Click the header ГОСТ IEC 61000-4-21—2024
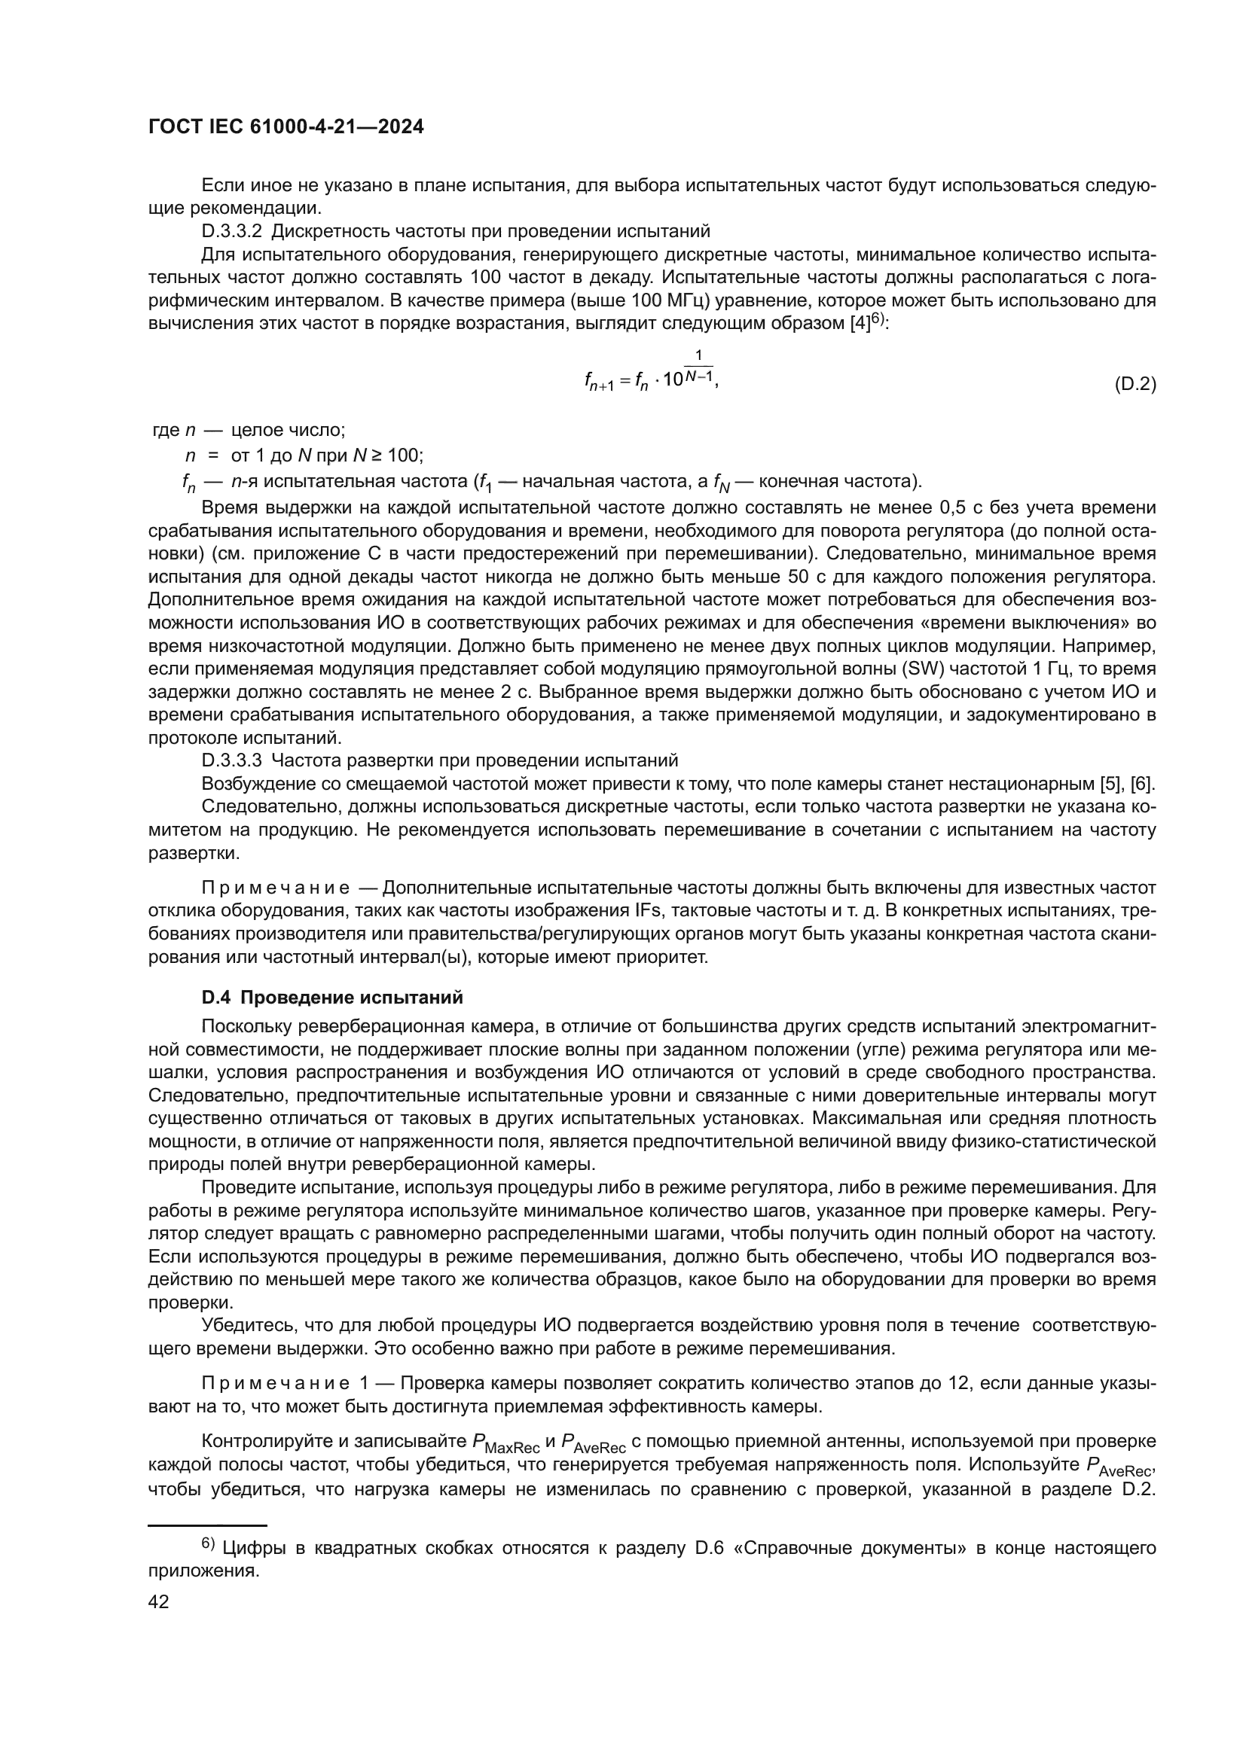[x=286, y=127]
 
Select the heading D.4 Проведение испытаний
[x=332, y=998]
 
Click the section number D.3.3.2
[x=232, y=231]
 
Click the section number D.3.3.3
[x=232, y=760]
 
